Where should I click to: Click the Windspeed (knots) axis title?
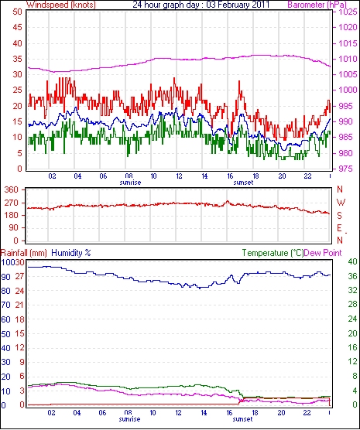click(61, 5)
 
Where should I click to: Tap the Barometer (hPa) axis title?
click(317, 5)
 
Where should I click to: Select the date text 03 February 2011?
click(238, 5)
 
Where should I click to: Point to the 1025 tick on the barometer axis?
click(348, 12)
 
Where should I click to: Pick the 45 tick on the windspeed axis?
click(17, 27)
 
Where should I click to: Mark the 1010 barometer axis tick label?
click(348, 59)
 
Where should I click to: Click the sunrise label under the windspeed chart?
click(130, 183)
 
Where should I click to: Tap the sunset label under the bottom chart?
click(242, 419)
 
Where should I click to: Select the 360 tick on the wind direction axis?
click(12, 189)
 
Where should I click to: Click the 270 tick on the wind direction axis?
click(12, 203)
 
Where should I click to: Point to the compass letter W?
click(341, 203)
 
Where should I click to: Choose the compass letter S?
click(340, 216)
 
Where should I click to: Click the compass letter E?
click(339, 228)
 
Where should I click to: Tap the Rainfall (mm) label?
click(24, 253)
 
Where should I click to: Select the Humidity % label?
click(71, 253)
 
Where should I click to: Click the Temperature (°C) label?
click(273, 253)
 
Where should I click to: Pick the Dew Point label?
click(323, 253)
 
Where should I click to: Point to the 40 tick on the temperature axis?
click(352, 261)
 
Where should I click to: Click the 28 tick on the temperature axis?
click(352, 305)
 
